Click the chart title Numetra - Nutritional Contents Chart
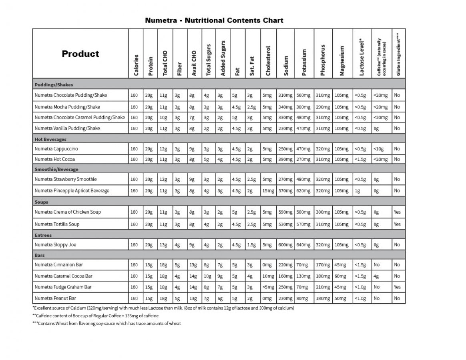214,20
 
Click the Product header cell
80,54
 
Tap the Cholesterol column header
268,60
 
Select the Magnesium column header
342,60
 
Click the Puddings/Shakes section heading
54,85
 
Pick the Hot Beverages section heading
50,139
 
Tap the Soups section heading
41,202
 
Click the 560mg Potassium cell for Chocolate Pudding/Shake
304,95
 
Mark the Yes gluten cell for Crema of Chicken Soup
397,212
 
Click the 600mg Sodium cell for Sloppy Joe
285,244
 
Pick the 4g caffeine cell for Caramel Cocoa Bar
376,276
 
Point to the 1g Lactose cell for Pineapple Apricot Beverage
357,191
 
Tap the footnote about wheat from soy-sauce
106,324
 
